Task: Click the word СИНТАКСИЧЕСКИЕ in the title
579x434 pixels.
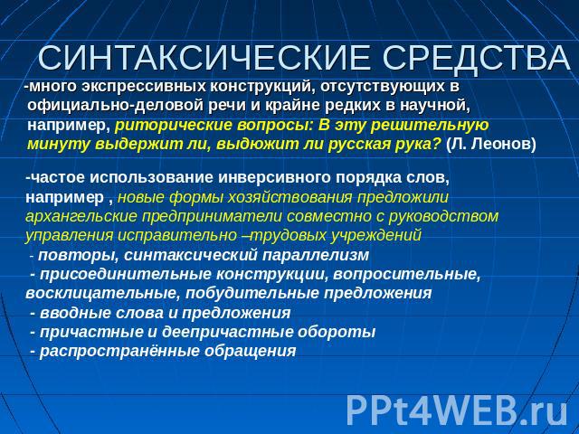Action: pyautogui.click(x=204, y=58)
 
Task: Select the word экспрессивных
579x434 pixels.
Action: pyautogui.click(x=143, y=87)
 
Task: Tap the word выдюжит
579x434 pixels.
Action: pyautogui.click(x=250, y=145)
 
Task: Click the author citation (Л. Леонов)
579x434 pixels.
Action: pyautogui.click(x=490, y=145)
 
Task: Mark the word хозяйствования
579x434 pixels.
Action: pyautogui.click(x=290, y=198)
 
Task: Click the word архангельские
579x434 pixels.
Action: pyautogui.click(x=81, y=217)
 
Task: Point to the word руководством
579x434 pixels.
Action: pyautogui.click(x=443, y=217)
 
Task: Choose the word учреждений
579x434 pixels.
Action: pyautogui.click(x=376, y=236)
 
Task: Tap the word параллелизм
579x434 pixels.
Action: pyautogui.click(x=316, y=255)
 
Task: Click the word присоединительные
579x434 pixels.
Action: pyautogui.click(x=126, y=275)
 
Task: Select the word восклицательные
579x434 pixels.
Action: pyautogui.click(x=102, y=294)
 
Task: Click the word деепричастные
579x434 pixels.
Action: pyautogui.click(x=227, y=332)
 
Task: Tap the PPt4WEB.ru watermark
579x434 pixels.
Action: pyautogui.click(x=457, y=410)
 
